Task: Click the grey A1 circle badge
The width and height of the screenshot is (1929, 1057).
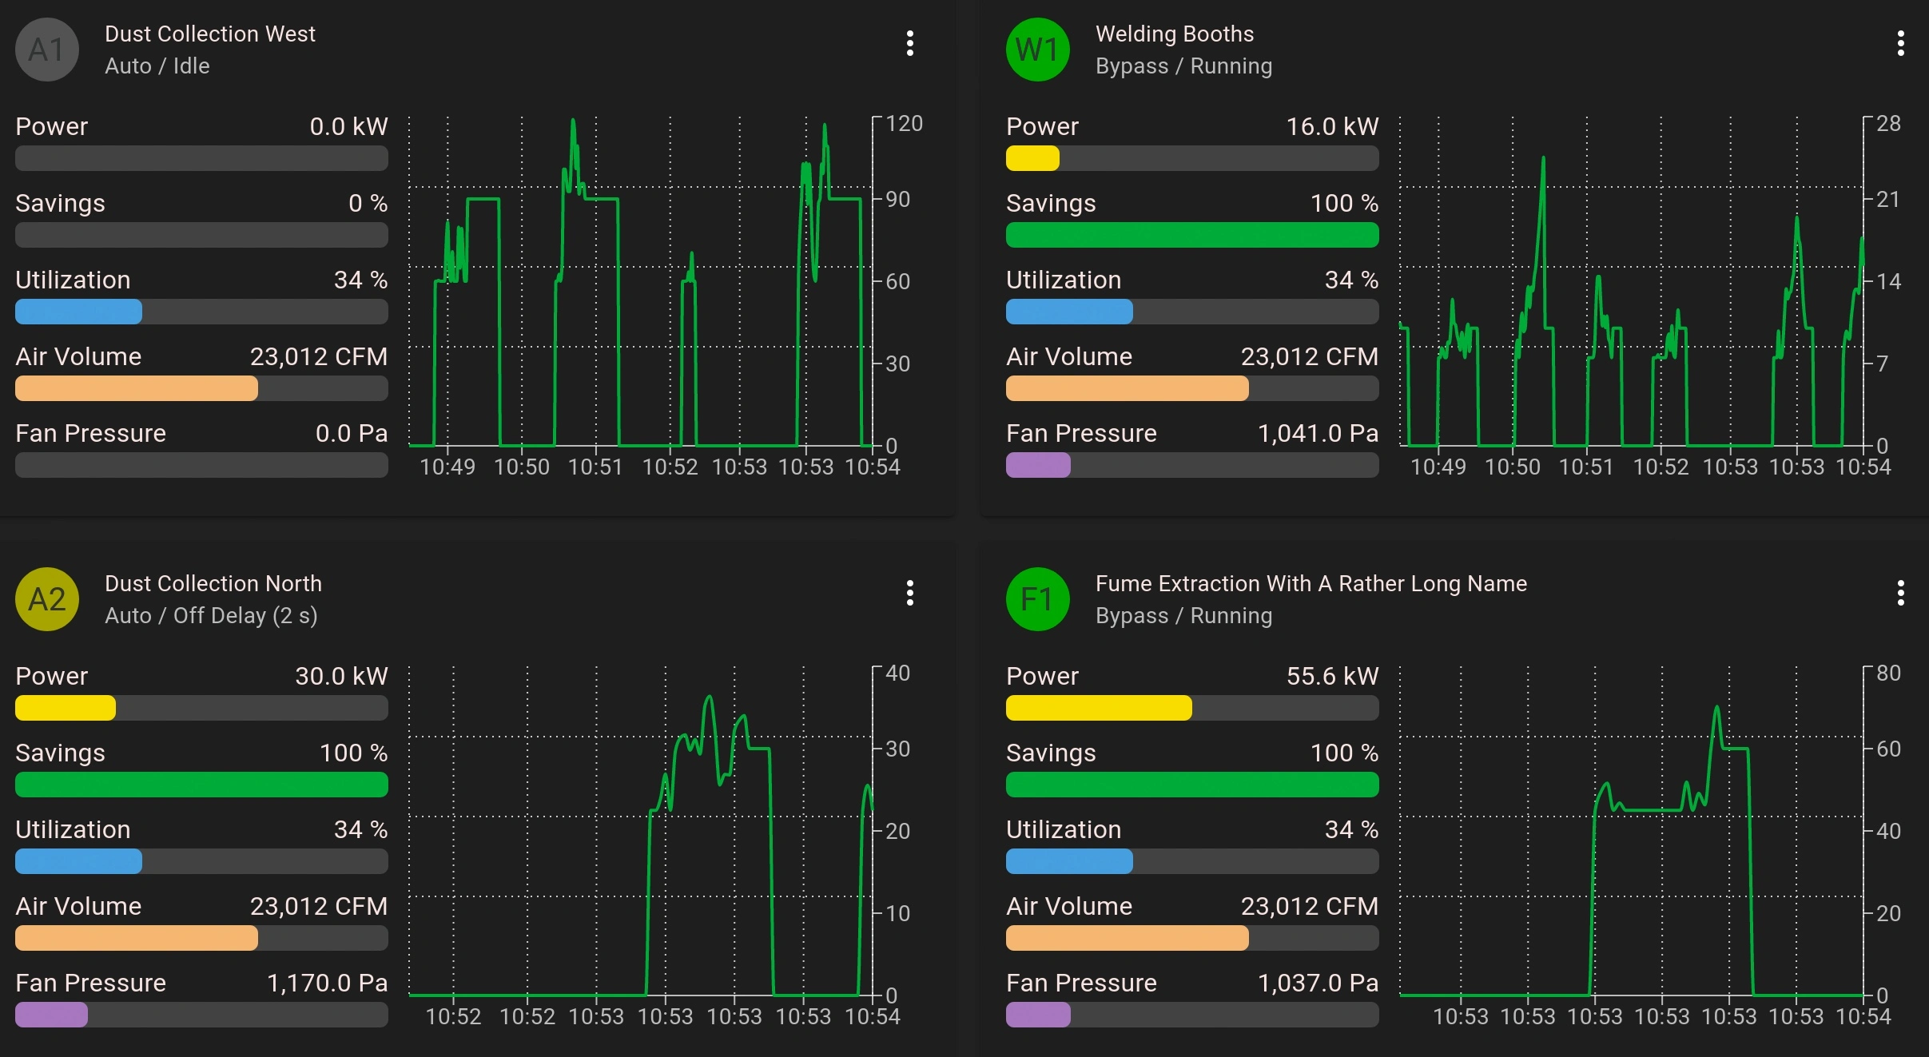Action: (x=47, y=50)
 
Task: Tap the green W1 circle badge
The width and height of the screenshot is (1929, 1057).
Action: (x=1037, y=50)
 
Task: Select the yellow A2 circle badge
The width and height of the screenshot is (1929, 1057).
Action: (x=47, y=599)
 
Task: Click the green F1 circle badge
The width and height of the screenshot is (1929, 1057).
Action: (x=1037, y=599)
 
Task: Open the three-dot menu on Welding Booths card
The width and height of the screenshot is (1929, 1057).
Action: (x=1900, y=43)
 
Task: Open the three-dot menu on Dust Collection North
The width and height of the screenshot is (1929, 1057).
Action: (x=909, y=593)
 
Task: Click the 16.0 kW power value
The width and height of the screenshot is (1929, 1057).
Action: (x=1331, y=126)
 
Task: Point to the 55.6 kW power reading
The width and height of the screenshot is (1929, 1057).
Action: (x=1331, y=676)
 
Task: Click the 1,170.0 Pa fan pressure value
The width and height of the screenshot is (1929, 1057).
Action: (x=327, y=983)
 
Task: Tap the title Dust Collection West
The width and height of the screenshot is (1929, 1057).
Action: (x=210, y=34)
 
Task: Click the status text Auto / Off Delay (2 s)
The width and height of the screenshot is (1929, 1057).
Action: (x=211, y=615)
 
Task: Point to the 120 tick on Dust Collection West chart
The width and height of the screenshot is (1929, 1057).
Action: (x=904, y=124)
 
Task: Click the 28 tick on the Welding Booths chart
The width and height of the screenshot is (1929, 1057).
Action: (x=1888, y=124)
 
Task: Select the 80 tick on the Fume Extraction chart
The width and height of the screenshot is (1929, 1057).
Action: (x=1888, y=674)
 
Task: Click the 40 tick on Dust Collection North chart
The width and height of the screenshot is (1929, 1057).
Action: (x=897, y=674)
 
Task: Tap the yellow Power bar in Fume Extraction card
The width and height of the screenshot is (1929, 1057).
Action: (x=1099, y=708)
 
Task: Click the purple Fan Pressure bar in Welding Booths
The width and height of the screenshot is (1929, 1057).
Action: (x=1037, y=465)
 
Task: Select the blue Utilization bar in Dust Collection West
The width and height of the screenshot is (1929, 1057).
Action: (x=78, y=312)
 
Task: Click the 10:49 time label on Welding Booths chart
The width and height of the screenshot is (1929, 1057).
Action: (x=1438, y=467)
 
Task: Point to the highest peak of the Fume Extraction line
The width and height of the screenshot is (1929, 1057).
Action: (x=1716, y=708)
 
